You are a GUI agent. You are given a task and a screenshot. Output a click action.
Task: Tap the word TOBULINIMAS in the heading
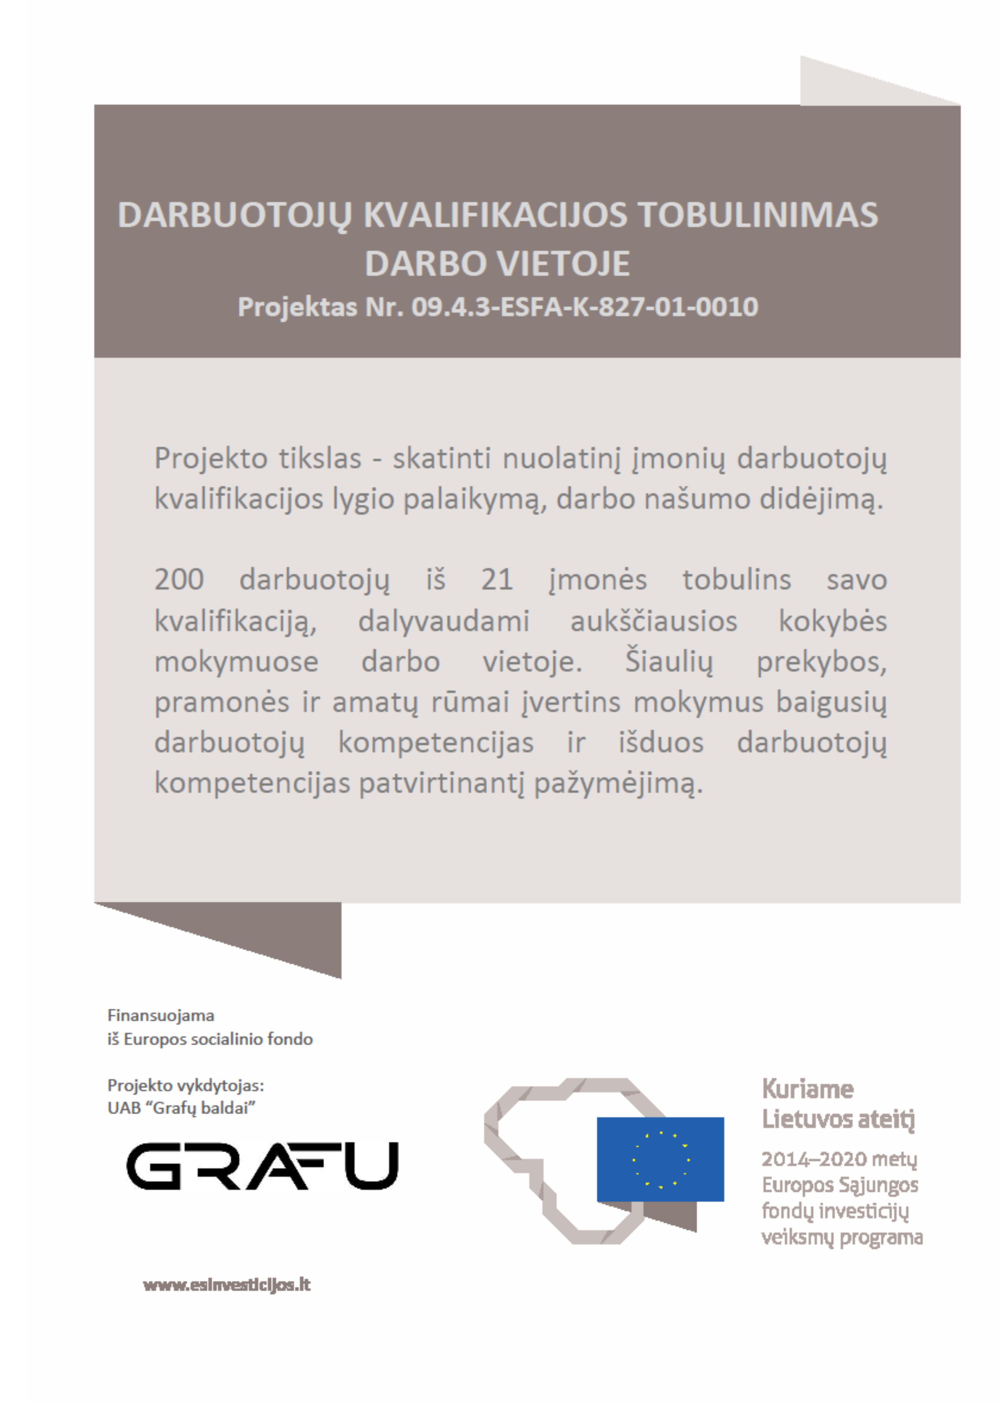(757, 215)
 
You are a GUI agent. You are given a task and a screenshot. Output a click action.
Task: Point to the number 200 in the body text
(179, 580)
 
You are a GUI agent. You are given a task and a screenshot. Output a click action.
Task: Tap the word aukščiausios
(653, 621)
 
